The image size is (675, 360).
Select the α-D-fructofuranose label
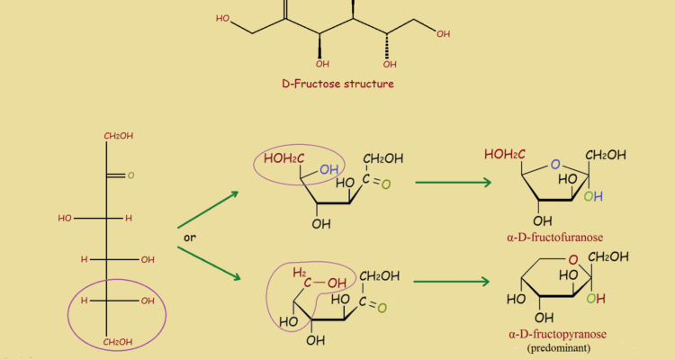(555, 238)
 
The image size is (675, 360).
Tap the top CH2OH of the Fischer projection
(118, 136)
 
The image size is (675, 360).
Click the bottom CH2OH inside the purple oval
(118, 342)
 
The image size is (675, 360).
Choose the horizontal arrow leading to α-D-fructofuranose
(452, 183)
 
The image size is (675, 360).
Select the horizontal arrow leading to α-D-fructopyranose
(452, 281)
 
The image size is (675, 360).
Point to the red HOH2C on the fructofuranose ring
(506, 154)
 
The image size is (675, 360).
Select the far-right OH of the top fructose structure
(443, 33)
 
